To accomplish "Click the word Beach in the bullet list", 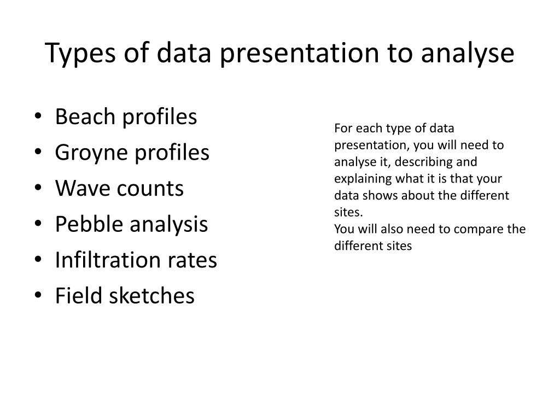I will pos(85,116).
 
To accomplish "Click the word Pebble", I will pos(89,224).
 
